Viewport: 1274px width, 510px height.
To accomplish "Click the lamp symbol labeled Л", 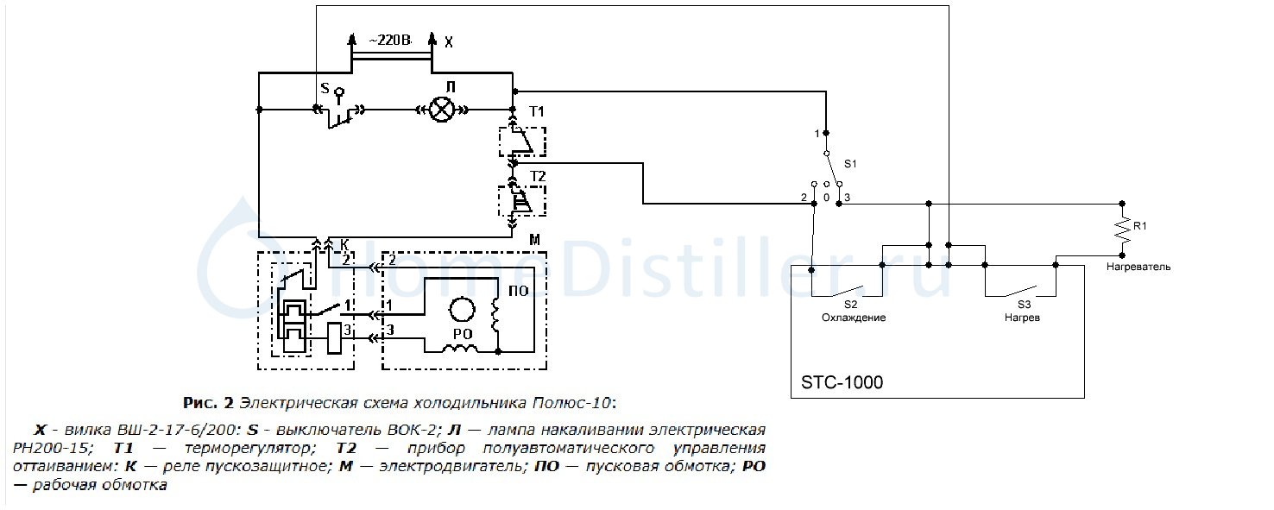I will click(x=442, y=110).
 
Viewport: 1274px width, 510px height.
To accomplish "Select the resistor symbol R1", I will click(x=1122, y=228).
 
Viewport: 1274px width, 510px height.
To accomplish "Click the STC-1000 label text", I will click(x=843, y=381).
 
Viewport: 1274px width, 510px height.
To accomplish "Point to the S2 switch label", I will click(x=850, y=305).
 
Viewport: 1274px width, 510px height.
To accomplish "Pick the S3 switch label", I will click(x=1023, y=305).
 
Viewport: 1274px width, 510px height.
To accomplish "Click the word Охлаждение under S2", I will click(x=853, y=318).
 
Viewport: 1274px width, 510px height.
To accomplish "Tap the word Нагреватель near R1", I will click(x=1138, y=267).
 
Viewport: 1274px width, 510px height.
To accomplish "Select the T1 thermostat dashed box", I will click(x=522, y=142).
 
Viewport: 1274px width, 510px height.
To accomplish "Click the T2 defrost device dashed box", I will click(x=522, y=201).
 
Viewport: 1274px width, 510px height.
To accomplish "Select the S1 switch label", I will click(x=850, y=163).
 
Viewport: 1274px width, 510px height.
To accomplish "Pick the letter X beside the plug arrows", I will click(x=448, y=41).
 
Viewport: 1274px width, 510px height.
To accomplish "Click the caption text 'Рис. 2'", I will click(x=209, y=403).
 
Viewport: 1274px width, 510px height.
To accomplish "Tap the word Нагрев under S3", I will click(x=1022, y=318).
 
